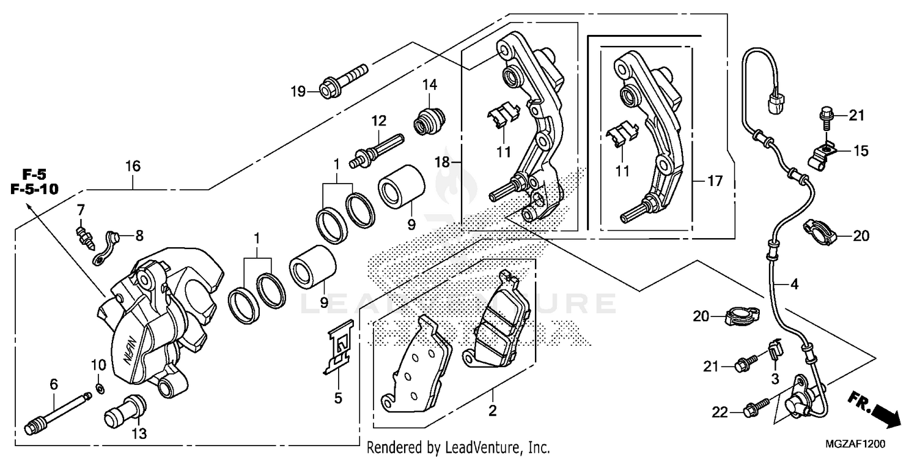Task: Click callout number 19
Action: click(298, 92)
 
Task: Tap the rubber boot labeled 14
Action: click(428, 121)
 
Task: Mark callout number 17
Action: click(714, 182)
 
